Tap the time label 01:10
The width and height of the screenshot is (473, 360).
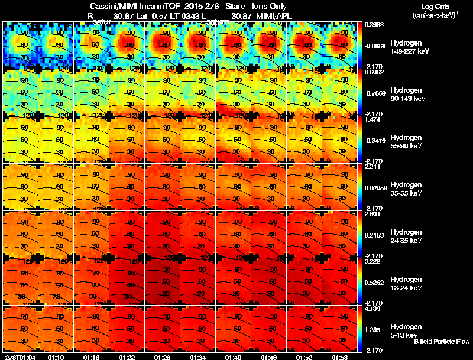pos(56,357)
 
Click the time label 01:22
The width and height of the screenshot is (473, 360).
pos(127,357)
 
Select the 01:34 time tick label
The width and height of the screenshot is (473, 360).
pos(198,357)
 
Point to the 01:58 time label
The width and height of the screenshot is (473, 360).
pos(339,357)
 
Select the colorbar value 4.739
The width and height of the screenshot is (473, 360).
pos(374,309)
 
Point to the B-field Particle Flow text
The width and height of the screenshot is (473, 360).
pos(442,342)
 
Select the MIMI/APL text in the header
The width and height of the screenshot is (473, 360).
pos(270,16)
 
